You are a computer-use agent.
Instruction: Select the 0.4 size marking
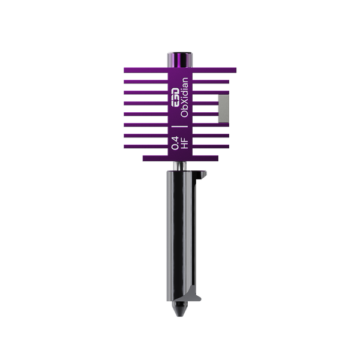pyautogui.click(x=175, y=144)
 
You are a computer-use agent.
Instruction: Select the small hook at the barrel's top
pyautogui.click(x=205, y=175)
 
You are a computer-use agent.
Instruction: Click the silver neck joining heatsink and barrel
pyautogui.click(x=180, y=165)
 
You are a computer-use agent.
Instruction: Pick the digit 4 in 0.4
pyautogui.click(x=175, y=140)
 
